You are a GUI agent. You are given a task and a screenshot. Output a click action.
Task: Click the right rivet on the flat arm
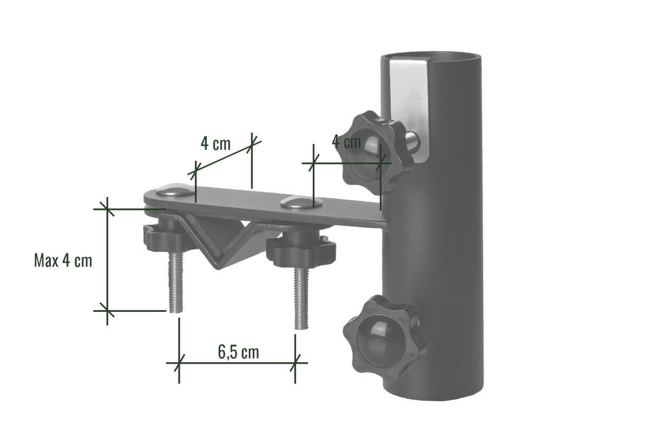[296, 203]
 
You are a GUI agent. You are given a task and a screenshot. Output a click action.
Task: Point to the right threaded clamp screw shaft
[301, 300]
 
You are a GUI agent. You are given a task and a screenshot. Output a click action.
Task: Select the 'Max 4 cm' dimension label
[63, 261]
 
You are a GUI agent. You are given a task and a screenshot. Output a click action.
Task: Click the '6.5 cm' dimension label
[238, 353]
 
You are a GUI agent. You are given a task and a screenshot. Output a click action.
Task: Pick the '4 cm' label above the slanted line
[215, 143]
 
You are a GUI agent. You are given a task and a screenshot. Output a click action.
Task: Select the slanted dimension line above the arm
[225, 157]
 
